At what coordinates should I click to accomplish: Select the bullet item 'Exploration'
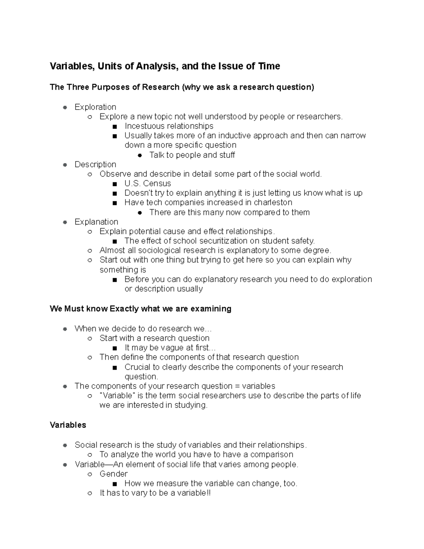pyautogui.click(x=95, y=107)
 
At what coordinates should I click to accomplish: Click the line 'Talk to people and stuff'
pyautogui.click(x=192, y=155)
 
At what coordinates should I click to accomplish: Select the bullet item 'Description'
pyautogui.click(x=95, y=164)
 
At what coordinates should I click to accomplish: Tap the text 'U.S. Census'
pyautogui.click(x=147, y=183)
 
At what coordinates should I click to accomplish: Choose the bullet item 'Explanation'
pyautogui.click(x=96, y=222)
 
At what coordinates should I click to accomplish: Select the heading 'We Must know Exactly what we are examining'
pyautogui.click(x=140, y=309)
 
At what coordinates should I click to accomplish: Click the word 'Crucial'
pyautogui.click(x=137, y=367)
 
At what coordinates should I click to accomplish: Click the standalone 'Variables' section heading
pyautogui.click(x=68, y=425)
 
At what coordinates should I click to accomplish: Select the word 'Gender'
pyautogui.click(x=113, y=474)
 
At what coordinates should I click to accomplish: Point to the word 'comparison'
pyautogui.click(x=272, y=454)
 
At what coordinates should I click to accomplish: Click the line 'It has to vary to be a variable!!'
pyautogui.click(x=155, y=493)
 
